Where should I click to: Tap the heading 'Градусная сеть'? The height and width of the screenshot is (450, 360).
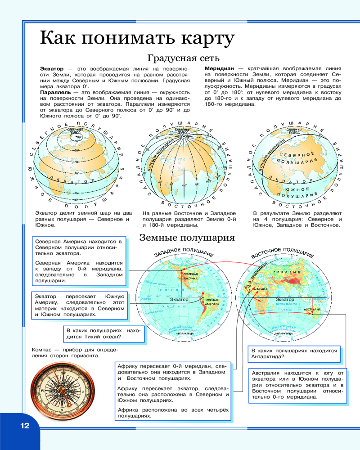[183, 58]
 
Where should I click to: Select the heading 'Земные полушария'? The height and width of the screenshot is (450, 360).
[187, 238]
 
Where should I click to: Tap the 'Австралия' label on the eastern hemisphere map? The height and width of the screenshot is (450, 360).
[312, 310]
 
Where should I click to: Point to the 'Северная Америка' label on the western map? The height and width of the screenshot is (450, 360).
[190, 276]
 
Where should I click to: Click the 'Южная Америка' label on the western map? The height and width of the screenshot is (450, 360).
[211, 302]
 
